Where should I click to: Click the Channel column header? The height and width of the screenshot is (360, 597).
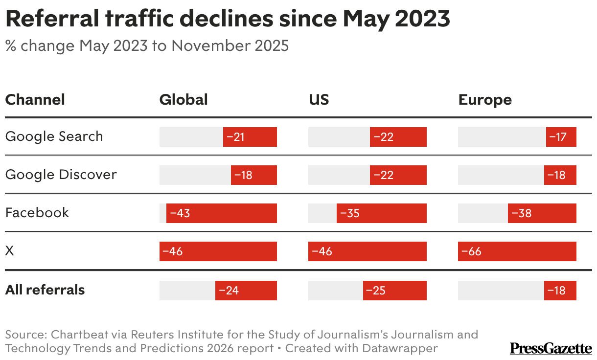point(35,100)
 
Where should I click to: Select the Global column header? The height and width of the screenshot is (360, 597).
point(184,100)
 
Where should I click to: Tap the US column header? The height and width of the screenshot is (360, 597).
point(319,100)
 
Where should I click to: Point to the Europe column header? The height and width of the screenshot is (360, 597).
point(485,100)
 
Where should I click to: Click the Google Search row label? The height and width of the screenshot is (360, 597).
point(54,136)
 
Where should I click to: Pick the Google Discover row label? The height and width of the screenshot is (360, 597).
point(61,175)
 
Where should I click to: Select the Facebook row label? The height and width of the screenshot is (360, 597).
point(37,213)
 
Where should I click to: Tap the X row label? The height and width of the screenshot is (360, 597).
point(9,251)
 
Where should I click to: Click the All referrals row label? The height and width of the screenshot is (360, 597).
point(45,290)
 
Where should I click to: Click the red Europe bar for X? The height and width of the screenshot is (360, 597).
point(517,251)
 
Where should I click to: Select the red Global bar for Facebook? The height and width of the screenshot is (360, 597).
point(222,213)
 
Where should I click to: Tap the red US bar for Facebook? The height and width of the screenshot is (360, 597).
point(382,213)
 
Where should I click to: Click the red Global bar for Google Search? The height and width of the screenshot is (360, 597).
point(250,137)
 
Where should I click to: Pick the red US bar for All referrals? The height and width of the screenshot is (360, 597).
point(395,291)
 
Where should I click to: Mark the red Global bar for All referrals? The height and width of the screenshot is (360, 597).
point(246,291)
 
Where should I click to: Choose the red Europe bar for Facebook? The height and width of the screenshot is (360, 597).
point(542,213)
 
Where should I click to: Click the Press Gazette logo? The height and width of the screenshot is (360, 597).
point(551,348)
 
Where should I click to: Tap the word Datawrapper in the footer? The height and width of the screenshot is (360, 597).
point(400,349)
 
